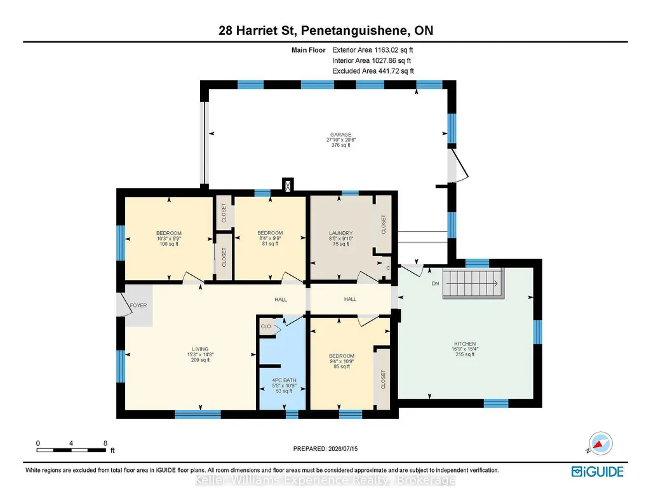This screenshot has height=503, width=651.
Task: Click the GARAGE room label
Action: coord(341,135)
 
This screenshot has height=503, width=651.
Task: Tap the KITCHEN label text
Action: coord(465,344)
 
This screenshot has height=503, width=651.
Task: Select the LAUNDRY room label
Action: coord(341,233)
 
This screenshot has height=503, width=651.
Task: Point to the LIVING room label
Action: coord(200,349)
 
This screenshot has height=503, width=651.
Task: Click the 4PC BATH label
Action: coord(285,380)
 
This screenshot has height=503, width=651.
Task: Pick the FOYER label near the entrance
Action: coord(138,305)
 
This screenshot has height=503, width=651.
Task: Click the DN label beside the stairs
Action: coord(435,283)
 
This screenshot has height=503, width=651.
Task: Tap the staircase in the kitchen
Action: coord(474,283)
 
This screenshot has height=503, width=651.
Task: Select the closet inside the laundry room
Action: coord(383,224)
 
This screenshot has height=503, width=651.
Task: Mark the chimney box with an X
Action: coord(288,184)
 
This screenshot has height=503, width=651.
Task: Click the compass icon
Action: coord(600,444)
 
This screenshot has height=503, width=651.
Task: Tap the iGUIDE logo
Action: coord(598,472)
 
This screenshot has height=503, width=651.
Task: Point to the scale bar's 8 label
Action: coord(105,443)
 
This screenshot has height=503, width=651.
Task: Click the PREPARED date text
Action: coord(325,448)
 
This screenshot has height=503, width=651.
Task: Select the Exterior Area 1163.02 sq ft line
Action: coord(373,50)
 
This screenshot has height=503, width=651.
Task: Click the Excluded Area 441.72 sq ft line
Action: coord(373,71)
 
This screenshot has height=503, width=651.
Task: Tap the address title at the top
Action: coord(326,30)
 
